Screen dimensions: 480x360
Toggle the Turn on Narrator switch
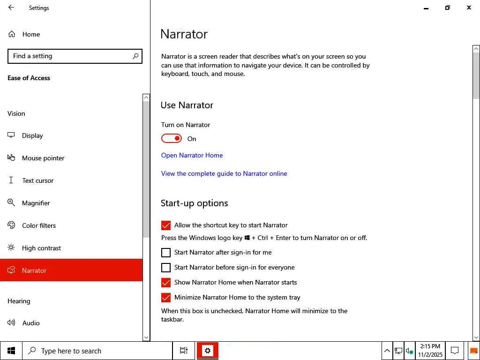click(x=172, y=139)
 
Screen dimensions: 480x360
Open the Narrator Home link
click(x=192, y=155)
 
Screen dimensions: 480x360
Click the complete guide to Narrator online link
click(x=224, y=173)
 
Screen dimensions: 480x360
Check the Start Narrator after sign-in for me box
click(x=165, y=253)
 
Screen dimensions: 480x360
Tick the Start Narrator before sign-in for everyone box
click(x=165, y=268)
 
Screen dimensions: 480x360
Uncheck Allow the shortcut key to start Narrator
click(x=165, y=225)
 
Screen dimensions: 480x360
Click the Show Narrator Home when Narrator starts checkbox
click(x=165, y=283)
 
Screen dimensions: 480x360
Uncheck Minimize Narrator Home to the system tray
click(x=165, y=298)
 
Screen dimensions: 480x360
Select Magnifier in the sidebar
click(x=36, y=203)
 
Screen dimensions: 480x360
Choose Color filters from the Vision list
click(x=39, y=225)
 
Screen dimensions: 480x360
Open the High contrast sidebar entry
click(x=41, y=248)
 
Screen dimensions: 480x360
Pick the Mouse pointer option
click(x=43, y=158)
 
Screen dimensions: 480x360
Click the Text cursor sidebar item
click(x=37, y=180)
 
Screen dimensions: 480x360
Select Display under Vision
click(x=32, y=135)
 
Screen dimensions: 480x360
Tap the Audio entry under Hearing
click(x=31, y=323)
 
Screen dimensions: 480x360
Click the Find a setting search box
click(x=75, y=56)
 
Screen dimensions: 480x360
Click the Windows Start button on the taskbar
click(x=11, y=351)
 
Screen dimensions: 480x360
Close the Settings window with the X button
click(x=469, y=7)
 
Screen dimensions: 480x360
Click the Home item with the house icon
click(x=31, y=34)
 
